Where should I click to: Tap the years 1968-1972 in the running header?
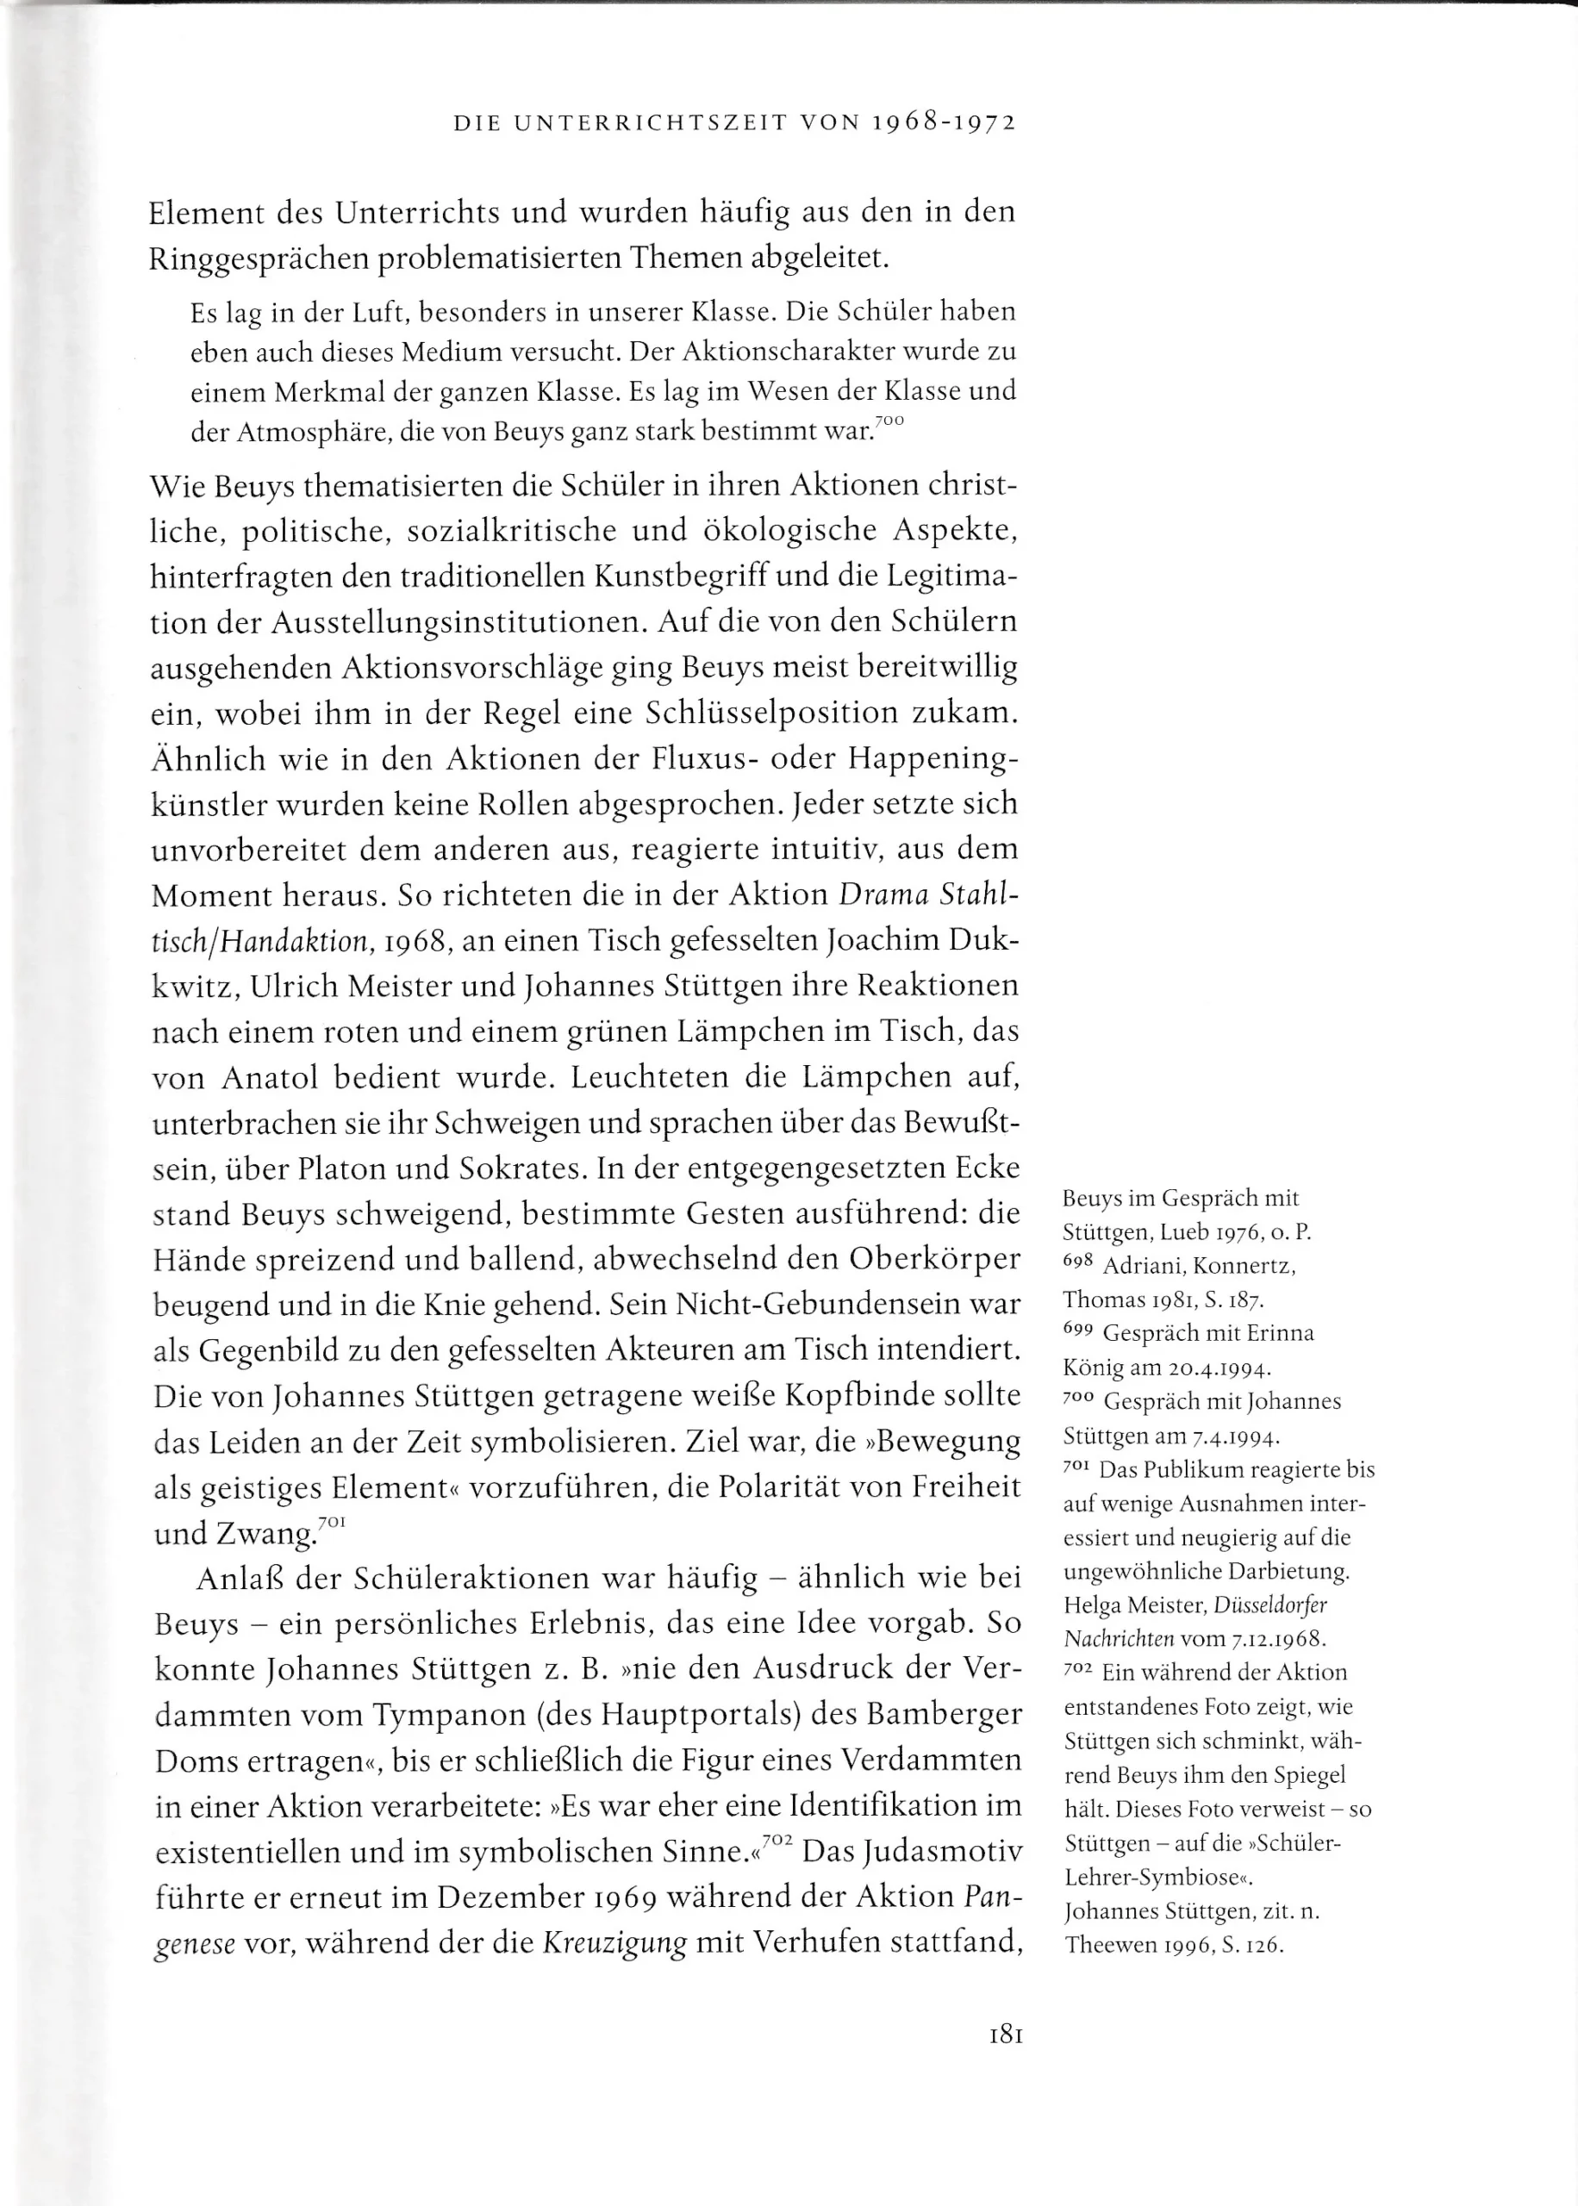(943, 123)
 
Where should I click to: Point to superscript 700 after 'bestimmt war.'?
(889, 421)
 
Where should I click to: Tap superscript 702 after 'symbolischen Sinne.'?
(778, 1840)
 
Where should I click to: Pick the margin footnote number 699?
(1077, 1330)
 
